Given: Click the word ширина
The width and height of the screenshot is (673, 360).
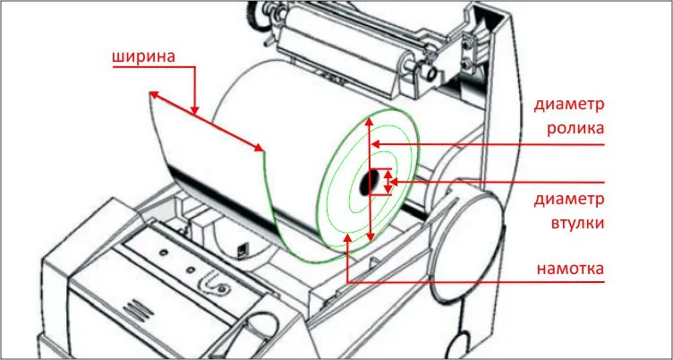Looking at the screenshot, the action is pos(144,57).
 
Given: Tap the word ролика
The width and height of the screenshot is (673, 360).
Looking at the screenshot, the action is pos(575,128).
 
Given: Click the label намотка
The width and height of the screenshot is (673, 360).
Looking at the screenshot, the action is pos(571,269).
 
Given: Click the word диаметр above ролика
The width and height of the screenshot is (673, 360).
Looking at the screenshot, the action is pos(569,105).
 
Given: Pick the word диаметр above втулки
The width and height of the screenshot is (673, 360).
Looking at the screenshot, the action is pos(569,200).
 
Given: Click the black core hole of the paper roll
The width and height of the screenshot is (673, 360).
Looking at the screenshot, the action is pos(366,183).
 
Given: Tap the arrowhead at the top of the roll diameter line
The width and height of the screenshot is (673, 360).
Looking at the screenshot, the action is pos(368,122).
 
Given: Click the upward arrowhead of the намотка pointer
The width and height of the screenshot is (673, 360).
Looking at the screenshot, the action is pos(348,238).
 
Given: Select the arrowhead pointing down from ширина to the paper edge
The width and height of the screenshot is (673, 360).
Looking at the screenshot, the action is pos(195,111).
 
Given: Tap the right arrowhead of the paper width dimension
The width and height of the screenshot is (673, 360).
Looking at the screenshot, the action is pos(259,148).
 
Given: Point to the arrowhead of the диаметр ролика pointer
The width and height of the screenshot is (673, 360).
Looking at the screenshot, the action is pos(377,144).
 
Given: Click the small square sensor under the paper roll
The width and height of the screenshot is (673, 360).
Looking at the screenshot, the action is pos(243,251).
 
